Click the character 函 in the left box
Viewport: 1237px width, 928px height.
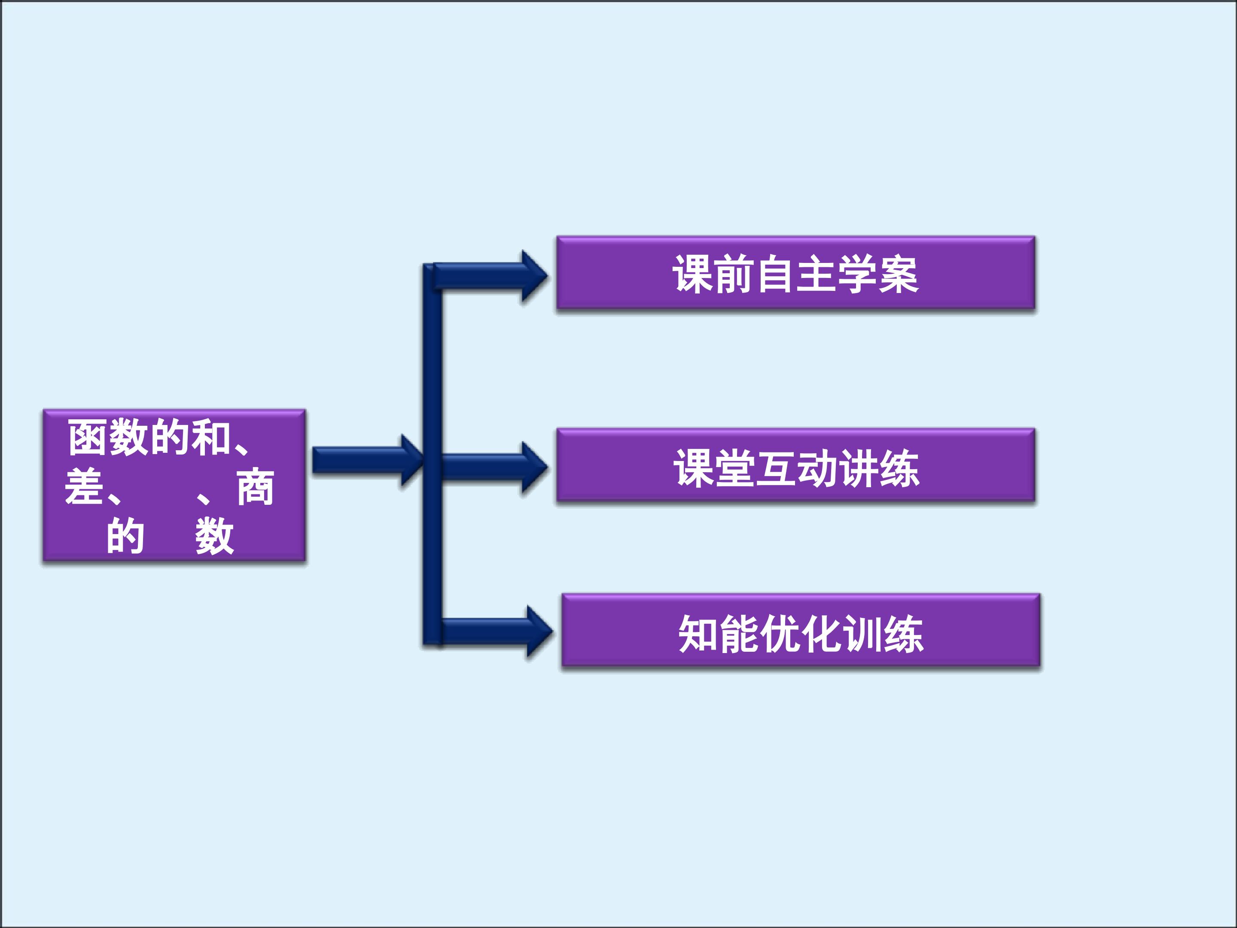coord(88,438)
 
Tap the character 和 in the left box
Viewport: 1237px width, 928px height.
coord(211,438)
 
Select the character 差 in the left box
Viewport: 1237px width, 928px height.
coord(84,487)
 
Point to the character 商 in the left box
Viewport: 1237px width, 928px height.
coord(256,487)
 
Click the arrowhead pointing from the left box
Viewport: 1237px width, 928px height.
coord(412,461)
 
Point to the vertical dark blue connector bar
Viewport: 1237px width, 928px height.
coord(432,454)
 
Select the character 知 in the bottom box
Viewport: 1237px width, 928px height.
coord(698,633)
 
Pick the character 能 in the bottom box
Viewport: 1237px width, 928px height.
coord(739,633)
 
